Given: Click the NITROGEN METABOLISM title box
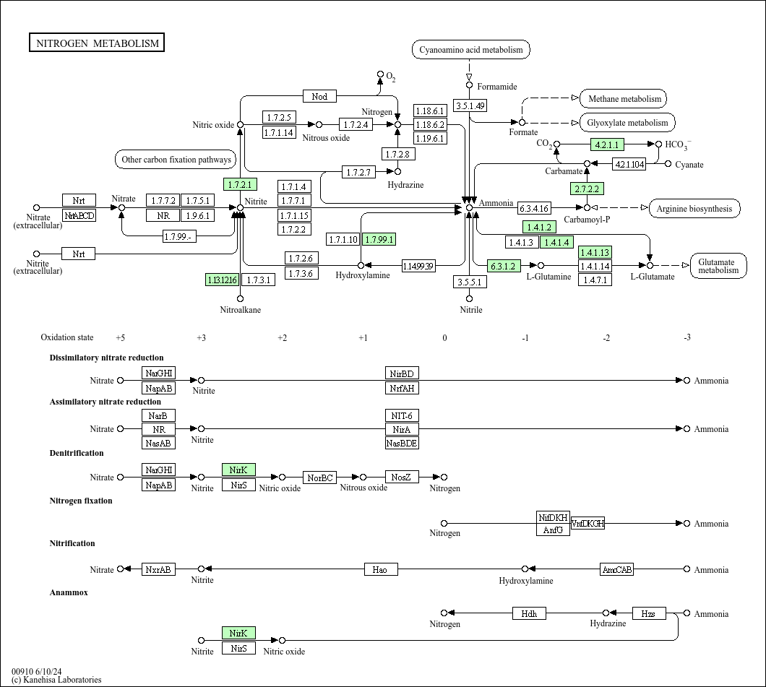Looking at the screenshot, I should coord(97,43).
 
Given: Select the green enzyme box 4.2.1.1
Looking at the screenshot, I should coord(607,144).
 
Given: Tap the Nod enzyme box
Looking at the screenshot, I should coord(319,97).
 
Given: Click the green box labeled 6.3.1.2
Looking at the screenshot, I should coord(504,266).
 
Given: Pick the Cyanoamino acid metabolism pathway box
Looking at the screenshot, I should coord(471,50).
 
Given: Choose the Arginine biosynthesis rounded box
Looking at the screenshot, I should coord(694,209).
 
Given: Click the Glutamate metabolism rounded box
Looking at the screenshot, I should coord(718,266).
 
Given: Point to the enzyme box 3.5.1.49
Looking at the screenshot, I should coord(470,105).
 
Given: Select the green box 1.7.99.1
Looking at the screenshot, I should coord(379,239).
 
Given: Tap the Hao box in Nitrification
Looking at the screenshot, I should coord(380,570).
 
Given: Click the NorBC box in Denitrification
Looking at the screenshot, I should coord(319,478).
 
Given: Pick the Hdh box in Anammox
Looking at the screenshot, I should coord(529,614).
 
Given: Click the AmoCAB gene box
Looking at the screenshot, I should coord(617,570).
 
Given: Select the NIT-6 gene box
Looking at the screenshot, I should coord(402,416).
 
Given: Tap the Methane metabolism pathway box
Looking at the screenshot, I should coord(624,99).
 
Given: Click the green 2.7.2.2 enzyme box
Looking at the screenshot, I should coord(587,189).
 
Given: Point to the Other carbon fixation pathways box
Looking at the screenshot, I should coord(176,160).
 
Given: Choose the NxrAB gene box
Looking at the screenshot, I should coord(158,570).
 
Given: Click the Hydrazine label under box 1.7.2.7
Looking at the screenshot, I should coord(406,186).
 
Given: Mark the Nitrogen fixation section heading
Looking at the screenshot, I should coord(81,501).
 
